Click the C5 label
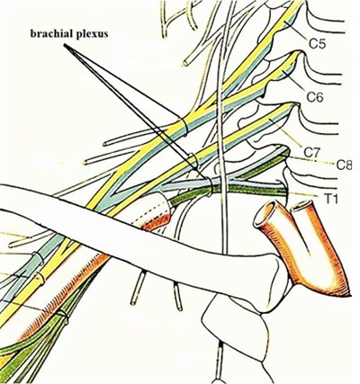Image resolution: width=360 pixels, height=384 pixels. click(318, 44)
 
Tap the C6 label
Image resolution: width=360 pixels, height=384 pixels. click(315, 97)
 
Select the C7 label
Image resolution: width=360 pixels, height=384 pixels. click(312, 152)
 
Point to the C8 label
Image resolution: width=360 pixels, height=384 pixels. click(344, 165)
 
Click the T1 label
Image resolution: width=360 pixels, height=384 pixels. click(331, 199)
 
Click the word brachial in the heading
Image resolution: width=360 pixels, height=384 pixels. click(50, 33)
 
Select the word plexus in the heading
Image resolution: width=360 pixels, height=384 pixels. click(91, 34)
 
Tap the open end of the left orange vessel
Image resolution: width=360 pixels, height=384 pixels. click(265, 214)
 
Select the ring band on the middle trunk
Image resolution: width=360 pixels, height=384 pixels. click(193, 160)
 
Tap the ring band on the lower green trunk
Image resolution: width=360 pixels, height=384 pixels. click(210, 186)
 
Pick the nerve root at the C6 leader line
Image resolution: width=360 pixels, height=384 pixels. click(284, 71)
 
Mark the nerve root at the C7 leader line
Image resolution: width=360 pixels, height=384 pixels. click(273, 120)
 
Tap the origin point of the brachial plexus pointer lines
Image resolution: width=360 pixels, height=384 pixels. click(64, 45)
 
